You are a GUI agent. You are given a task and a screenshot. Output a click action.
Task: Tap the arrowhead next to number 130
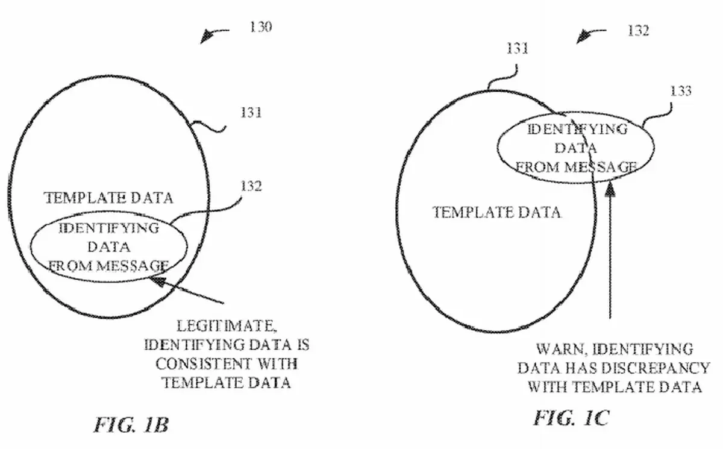click(x=207, y=39)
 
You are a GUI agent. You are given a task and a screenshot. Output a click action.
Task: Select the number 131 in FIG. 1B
click(x=249, y=113)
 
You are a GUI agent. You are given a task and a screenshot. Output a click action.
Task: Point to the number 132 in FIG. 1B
click(x=249, y=186)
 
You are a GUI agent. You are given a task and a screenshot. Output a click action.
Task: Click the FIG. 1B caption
click(x=131, y=424)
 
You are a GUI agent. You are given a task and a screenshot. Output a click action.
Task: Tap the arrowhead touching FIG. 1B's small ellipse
click(x=157, y=278)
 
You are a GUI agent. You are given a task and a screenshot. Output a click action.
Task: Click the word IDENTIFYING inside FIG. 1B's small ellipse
click(x=109, y=228)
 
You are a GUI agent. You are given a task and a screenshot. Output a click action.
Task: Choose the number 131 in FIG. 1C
click(x=516, y=49)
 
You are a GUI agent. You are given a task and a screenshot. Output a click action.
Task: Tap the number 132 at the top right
click(x=638, y=30)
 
